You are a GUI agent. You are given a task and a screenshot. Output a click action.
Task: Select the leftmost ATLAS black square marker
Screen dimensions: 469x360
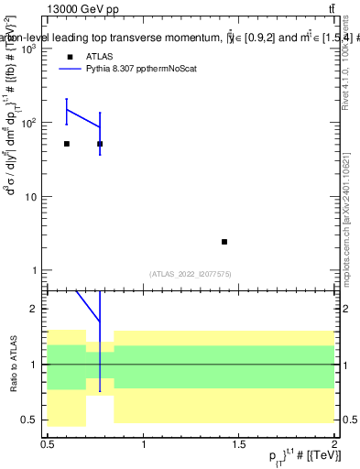click(67, 144)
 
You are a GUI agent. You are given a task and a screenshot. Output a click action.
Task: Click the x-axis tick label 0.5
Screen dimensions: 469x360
click(48, 445)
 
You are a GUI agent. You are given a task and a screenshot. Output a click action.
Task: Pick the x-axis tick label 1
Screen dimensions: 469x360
click(144, 445)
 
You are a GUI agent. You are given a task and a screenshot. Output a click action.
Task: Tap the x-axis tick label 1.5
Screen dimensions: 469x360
click(238, 445)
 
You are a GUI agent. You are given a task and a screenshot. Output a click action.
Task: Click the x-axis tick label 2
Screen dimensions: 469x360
click(333, 445)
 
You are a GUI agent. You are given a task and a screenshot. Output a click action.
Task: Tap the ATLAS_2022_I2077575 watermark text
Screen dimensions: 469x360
click(189, 273)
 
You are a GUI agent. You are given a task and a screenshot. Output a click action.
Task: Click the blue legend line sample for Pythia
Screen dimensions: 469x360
click(71, 69)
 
